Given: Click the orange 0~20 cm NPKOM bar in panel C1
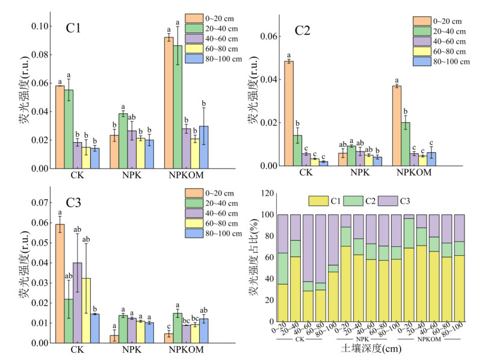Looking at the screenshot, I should coord(168,103).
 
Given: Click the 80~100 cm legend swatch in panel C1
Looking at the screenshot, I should coord(194,58).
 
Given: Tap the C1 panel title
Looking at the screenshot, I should coord(74,28).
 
